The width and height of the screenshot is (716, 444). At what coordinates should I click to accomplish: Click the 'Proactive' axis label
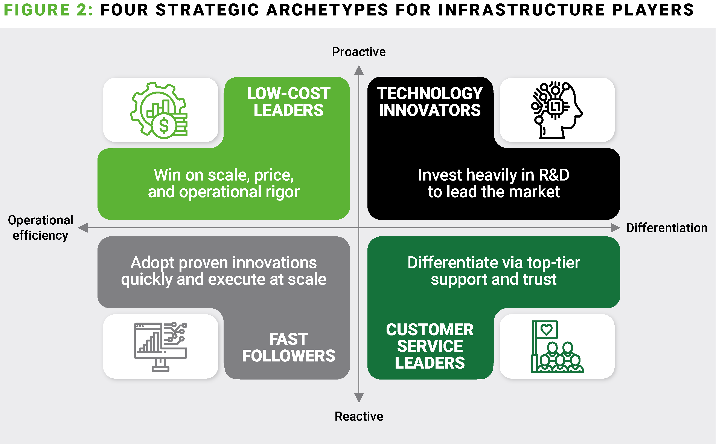pyautogui.click(x=359, y=52)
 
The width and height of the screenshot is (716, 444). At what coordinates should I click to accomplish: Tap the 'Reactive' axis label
pyautogui.click(x=359, y=416)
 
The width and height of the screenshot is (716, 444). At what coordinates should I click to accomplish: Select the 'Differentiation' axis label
pyautogui.click(x=667, y=228)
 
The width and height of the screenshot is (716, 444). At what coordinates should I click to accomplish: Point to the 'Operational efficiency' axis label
pyautogui.click(x=41, y=228)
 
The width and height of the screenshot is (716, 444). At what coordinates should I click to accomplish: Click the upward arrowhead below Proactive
pyautogui.click(x=359, y=70)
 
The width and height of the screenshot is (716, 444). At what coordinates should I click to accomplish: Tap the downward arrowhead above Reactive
pyautogui.click(x=359, y=398)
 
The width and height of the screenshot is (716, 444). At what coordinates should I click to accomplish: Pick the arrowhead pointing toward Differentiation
pyautogui.click(x=615, y=228)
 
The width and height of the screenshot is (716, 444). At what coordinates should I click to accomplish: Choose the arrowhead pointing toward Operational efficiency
pyautogui.click(x=83, y=228)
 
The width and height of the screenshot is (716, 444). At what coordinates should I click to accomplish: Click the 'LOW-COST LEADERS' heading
pyautogui.click(x=288, y=102)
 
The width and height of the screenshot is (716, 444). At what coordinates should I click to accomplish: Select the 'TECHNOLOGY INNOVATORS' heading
pyautogui.click(x=430, y=102)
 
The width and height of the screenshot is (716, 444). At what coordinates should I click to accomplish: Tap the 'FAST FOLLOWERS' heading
pyautogui.click(x=288, y=347)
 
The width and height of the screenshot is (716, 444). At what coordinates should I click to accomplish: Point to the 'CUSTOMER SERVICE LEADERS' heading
pyautogui.click(x=430, y=346)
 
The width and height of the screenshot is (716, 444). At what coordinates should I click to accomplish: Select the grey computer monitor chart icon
pyautogui.click(x=160, y=346)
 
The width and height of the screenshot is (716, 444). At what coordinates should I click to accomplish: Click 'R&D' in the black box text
pyautogui.click(x=554, y=175)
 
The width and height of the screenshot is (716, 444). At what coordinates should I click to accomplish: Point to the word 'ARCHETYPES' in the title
pyautogui.click(x=327, y=10)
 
